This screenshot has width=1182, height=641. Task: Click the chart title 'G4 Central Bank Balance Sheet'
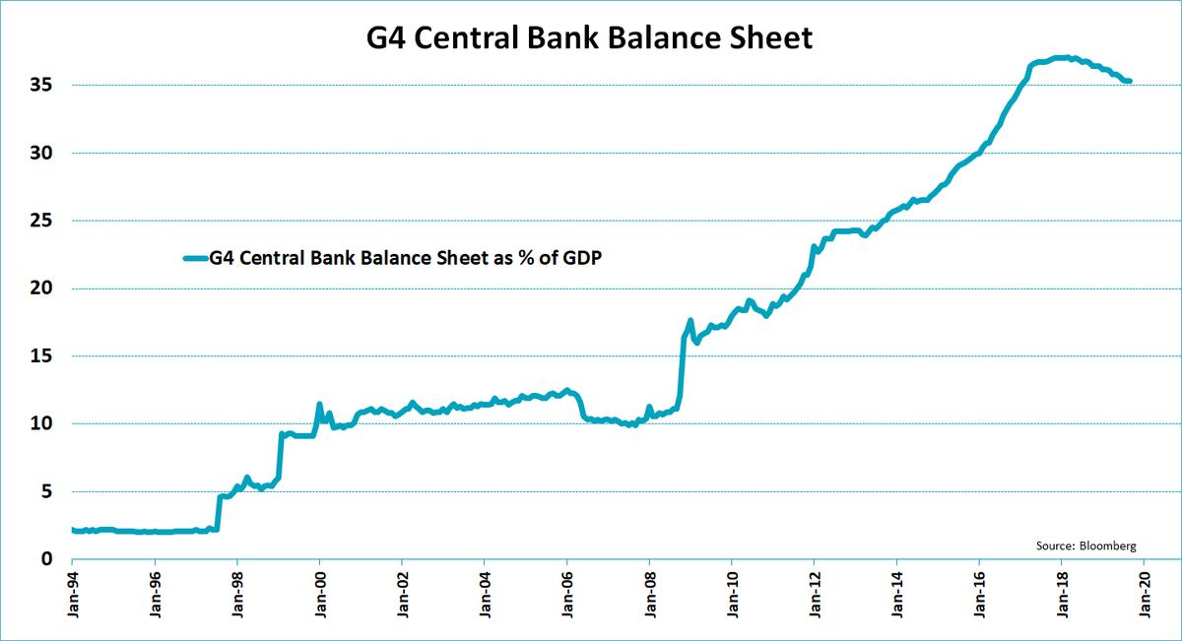click(590, 38)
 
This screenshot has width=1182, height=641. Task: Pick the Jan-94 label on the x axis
click(72, 597)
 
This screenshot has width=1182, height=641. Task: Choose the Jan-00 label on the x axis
click(319, 597)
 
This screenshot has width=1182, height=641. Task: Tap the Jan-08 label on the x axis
click(649, 597)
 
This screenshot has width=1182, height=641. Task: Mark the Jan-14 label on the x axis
click(896, 597)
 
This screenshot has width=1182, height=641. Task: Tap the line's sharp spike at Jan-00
click(319, 404)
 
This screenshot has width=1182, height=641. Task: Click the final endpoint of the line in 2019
click(1129, 81)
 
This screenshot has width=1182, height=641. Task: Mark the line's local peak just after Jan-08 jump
click(690, 321)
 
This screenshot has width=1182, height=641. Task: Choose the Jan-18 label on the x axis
click(1061, 597)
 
